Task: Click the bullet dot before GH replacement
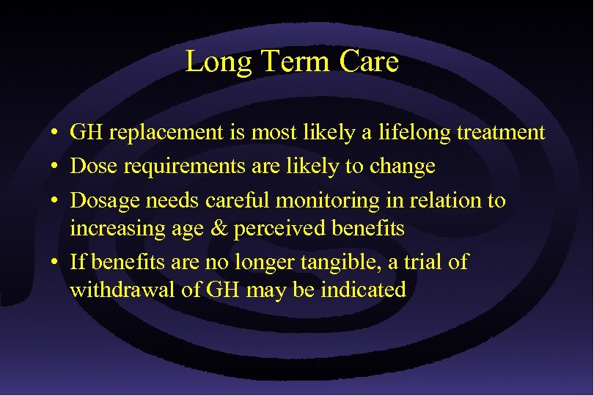pyautogui.click(x=56, y=134)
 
